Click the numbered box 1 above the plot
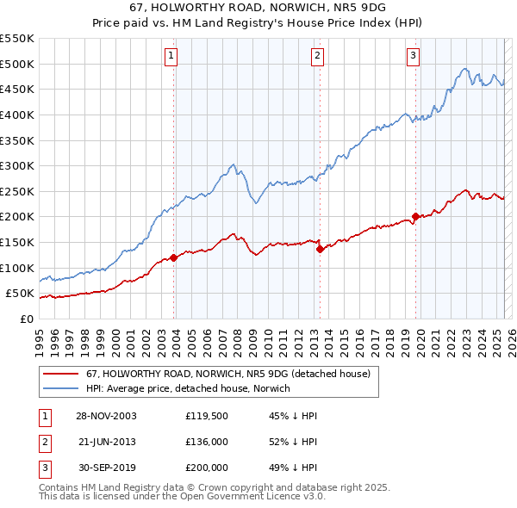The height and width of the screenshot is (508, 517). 171,56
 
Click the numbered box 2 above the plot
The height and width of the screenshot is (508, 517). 317,56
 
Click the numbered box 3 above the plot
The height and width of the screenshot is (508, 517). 413,56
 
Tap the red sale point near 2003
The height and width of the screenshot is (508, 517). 173,257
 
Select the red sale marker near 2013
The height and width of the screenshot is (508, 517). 320,249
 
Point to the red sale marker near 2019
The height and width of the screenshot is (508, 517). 415,216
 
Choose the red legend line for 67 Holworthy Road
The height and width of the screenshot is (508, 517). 61,374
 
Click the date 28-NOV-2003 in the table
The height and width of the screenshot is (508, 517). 106,416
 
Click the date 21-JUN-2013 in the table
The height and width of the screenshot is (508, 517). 106,442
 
